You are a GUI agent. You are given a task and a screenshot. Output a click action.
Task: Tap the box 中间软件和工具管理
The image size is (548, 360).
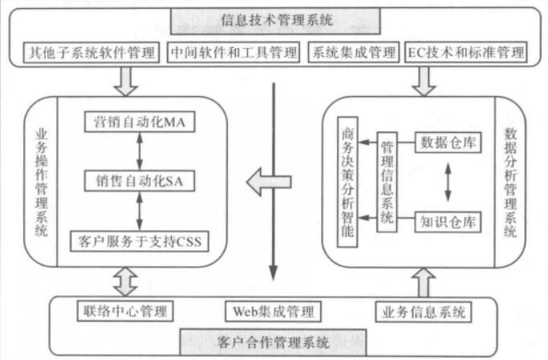[x=234, y=53]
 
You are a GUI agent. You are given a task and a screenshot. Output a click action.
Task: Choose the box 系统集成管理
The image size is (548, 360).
[x=353, y=53]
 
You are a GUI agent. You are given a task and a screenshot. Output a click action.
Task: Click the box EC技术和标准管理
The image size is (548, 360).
[x=465, y=53]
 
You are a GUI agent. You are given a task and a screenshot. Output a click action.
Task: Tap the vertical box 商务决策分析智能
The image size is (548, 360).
[x=347, y=184]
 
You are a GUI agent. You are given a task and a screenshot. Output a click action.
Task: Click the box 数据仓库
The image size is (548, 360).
[x=447, y=144]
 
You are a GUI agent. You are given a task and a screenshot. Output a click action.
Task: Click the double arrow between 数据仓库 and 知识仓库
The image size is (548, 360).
[x=447, y=183]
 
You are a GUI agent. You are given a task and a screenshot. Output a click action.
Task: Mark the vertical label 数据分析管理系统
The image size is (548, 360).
[x=511, y=182]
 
